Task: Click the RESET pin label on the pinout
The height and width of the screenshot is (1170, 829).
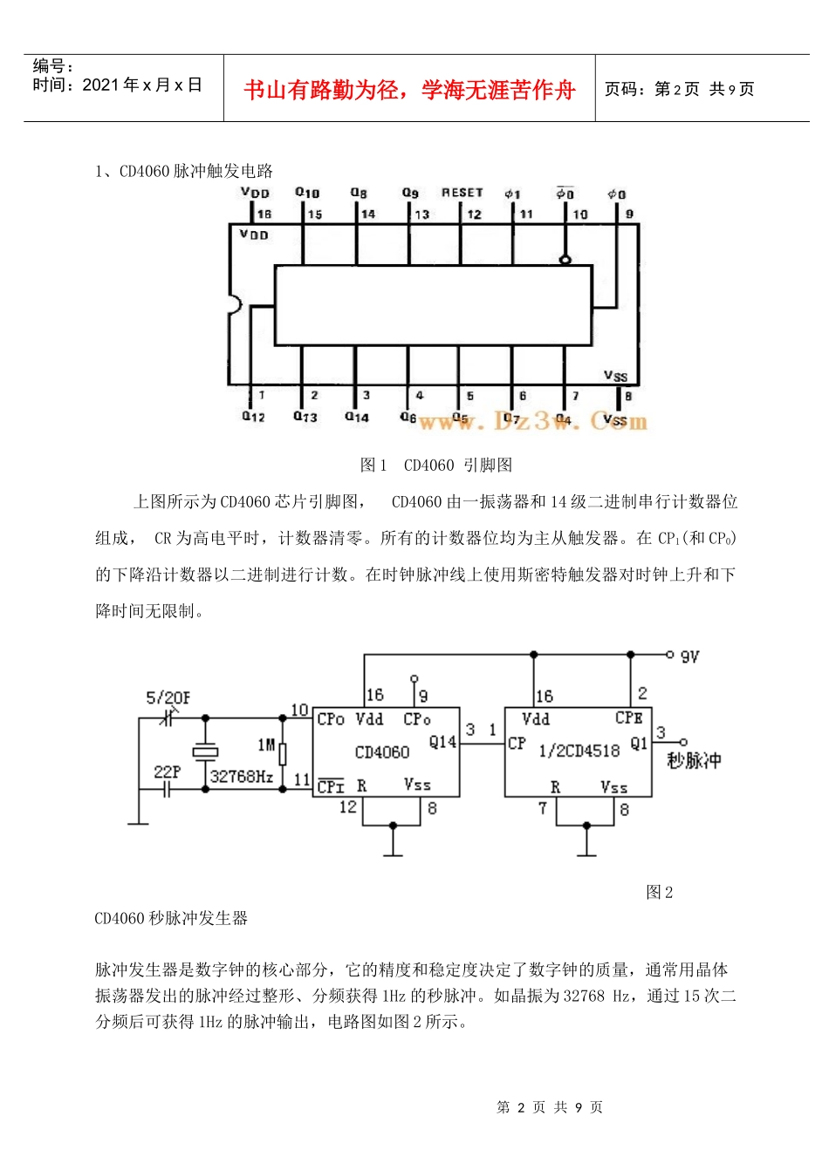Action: [462, 193]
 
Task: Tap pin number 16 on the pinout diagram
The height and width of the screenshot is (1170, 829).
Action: [264, 214]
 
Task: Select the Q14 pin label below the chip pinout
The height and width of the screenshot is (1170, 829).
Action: [356, 417]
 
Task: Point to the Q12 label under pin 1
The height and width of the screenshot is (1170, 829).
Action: [253, 417]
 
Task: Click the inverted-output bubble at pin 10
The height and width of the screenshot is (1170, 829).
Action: [565, 259]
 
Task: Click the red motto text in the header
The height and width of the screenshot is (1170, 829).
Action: [409, 90]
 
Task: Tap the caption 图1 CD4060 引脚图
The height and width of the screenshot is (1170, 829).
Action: [436, 466]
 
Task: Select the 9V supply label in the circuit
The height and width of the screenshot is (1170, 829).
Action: [689, 656]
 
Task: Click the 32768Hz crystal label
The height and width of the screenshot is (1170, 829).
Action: [243, 776]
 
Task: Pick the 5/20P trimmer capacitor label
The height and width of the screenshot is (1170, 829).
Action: [168, 697]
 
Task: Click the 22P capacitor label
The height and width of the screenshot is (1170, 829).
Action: [167, 772]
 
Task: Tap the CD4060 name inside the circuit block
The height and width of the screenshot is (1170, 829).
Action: [382, 752]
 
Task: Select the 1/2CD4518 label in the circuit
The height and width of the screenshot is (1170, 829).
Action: [579, 751]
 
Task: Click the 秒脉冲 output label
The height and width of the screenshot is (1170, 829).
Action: [694, 760]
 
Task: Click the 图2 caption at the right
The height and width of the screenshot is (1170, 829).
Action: [659, 892]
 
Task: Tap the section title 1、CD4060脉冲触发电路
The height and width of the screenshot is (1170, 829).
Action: [184, 171]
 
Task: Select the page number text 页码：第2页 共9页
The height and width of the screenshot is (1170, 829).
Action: [679, 89]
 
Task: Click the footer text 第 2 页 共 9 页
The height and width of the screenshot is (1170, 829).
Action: [549, 1107]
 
